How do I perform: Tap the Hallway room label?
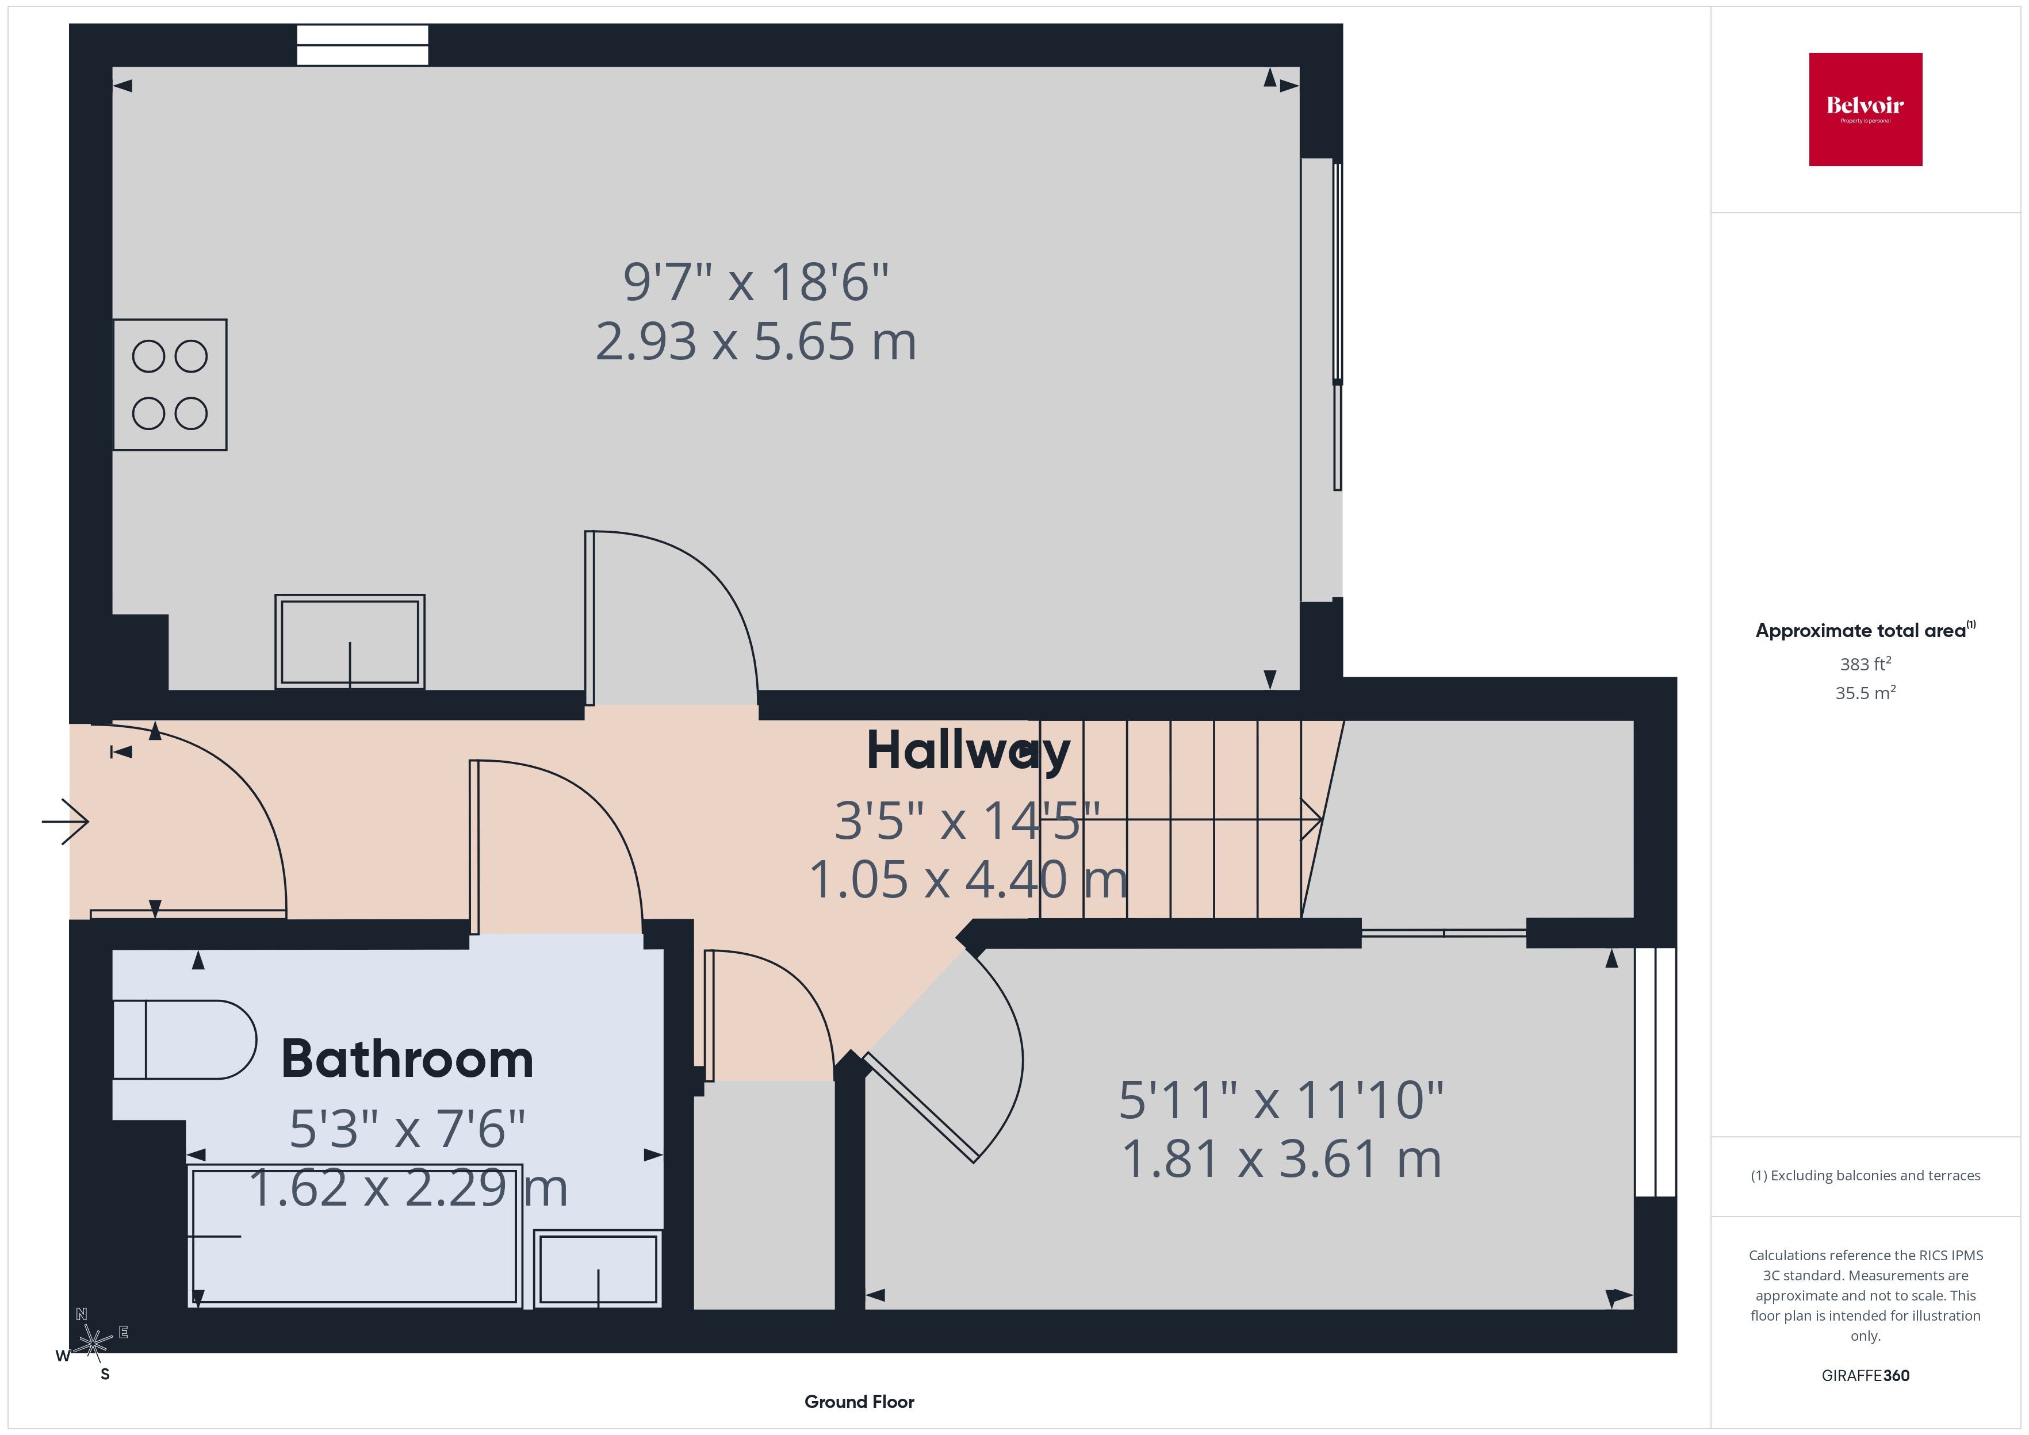click(968, 751)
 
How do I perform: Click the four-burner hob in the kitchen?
click(170, 385)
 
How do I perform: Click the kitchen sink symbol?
click(350, 642)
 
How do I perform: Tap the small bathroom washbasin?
click(598, 1269)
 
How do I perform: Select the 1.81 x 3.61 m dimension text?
click(1281, 1159)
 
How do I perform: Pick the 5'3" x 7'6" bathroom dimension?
click(407, 1129)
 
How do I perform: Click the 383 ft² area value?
click(1866, 663)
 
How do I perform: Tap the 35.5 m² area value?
click(1866, 693)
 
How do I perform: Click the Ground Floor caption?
click(859, 1402)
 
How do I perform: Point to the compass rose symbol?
click(92, 1343)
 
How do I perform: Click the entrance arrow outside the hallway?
click(66, 822)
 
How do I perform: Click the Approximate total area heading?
click(1866, 630)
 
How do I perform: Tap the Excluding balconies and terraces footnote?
click(1866, 1175)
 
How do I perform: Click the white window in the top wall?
click(362, 45)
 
